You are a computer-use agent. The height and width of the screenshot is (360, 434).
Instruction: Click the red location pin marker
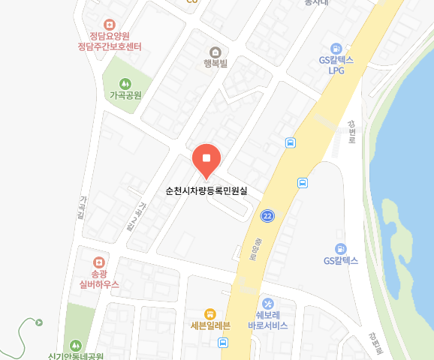206,158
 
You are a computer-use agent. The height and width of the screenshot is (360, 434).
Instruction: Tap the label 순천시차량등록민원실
206,190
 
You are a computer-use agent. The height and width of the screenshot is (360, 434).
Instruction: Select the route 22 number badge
267,216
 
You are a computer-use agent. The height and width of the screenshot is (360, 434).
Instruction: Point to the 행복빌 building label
215,64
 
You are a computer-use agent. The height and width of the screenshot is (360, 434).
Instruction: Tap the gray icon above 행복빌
215,52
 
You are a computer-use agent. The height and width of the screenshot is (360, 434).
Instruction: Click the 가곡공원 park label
125,95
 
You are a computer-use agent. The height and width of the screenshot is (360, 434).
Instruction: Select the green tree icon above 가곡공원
125,83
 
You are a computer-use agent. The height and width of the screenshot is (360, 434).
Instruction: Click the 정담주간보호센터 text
110,46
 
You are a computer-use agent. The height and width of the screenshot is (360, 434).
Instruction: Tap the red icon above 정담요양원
110,24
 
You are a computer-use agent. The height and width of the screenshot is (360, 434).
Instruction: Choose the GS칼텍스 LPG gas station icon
336,47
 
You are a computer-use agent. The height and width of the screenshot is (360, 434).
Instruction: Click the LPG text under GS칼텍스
336,70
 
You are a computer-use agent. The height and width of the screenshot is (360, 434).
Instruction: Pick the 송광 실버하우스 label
99,279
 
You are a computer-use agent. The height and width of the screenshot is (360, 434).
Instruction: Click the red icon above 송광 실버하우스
98,262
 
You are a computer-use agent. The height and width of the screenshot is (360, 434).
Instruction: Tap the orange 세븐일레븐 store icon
210,313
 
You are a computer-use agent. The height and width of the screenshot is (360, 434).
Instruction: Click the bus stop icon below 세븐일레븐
223,343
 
